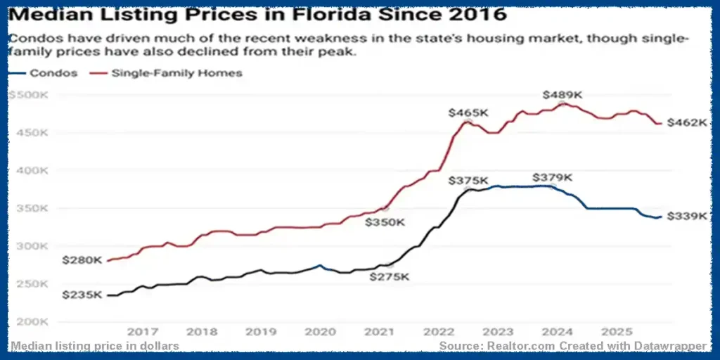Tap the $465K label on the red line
pyautogui.click(x=468, y=112)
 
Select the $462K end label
pyautogui.click(x=686, y=122)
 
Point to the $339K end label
pyautogui.click(x=686, y=216)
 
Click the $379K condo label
pyautogui.click(x=553, y=177)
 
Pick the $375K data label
pyautogui.click(x=468, y=181)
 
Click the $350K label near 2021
pyautogui.click(x=385, y=222)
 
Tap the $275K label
pyautogui.click(x=389, y=277)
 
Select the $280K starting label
pyautogui.click(x=82, y=260)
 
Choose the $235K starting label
pyautogui.click(x=82, y=295)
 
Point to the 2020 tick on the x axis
pyautogui.click(x=319, y=331)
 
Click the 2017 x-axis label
pyautogui.click(x=142, y=331)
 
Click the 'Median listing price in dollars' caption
pyautogui.click(x=95, y=346)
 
